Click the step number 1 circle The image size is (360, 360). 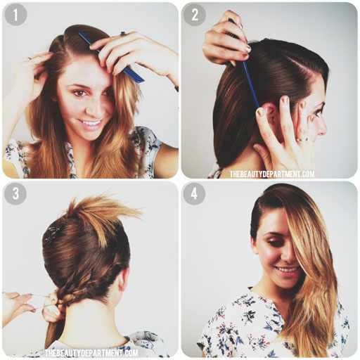point(15,15)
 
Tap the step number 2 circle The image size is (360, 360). point(194,15)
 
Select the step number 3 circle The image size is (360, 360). point(15,194)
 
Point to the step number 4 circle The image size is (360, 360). point(194,194)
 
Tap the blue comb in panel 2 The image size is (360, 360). point(248,77)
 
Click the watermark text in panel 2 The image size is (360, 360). point(272,174)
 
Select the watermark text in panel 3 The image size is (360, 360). point(91,353)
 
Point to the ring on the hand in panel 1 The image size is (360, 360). point(123,34)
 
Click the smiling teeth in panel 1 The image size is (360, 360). point(91,123)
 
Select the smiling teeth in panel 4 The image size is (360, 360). point(288,269)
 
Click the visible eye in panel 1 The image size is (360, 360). point(79,93)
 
